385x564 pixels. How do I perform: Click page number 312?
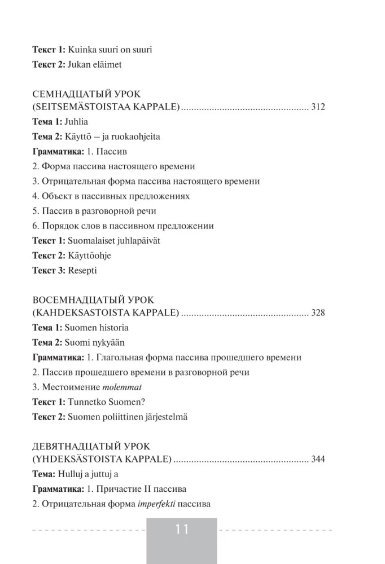(318, 108)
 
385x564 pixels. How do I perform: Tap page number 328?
(318, 313)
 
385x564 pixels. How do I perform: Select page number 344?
(318, 460)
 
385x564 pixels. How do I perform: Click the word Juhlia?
(77, 122)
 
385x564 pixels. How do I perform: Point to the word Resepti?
(82, 270)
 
